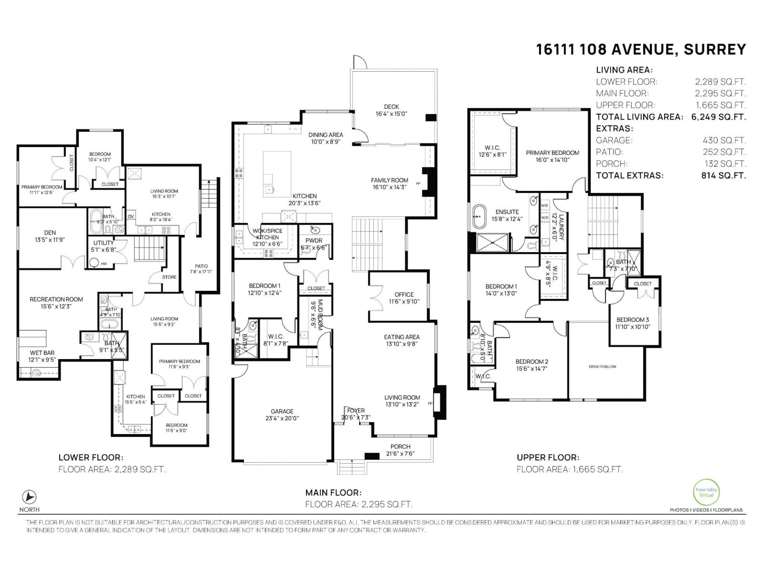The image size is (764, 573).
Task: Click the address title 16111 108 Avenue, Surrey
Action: tap(640, 49)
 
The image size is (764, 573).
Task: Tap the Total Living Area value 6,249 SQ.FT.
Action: tap(718, 117)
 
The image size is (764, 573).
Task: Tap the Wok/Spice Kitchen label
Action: tap(267, 234)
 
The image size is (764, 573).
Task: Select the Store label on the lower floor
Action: tap(169, 277)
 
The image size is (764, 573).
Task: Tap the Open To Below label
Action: tap(603, 367)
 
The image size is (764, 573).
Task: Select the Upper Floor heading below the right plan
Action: tap(547, 457)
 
